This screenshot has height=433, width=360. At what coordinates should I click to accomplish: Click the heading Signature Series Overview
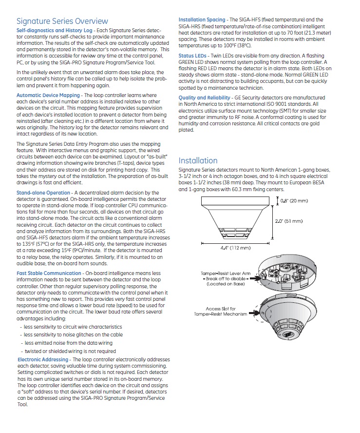click(62, 21)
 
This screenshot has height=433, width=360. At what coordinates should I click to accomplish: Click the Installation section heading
click(198, 160)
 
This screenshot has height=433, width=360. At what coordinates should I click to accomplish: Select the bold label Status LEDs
click(192, 56)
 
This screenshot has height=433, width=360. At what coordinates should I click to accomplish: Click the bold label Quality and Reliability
click(205, 98)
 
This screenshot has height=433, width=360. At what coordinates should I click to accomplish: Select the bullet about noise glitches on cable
click(73, 335)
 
